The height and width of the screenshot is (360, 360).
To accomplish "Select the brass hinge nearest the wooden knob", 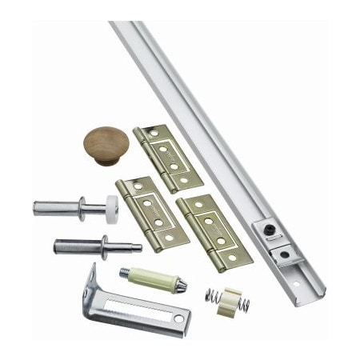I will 158,157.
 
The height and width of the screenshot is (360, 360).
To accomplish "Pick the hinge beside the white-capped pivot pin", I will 152,213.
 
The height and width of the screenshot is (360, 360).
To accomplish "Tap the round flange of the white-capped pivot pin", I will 83,207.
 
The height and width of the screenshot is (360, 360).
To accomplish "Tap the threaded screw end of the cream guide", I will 126,272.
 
